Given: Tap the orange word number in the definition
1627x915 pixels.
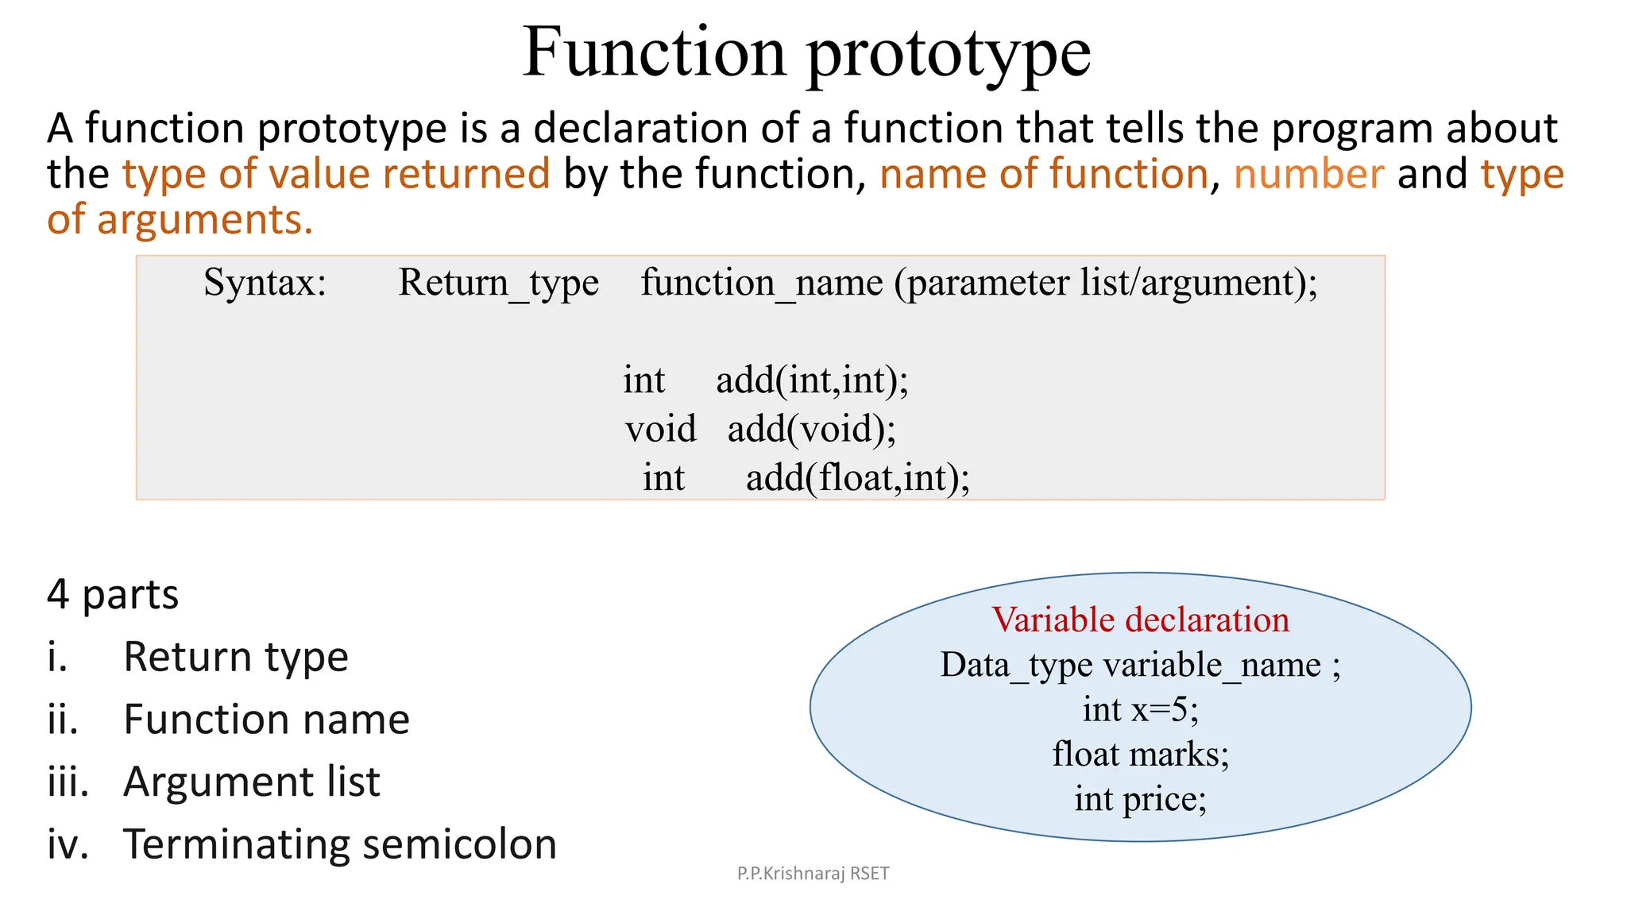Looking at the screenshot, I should pos(1308,174).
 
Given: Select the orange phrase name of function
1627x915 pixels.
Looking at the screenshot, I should pos(1043,174).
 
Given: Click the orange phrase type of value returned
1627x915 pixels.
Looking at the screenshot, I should pos(336,174).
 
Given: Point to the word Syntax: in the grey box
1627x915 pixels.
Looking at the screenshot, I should pos(265,283).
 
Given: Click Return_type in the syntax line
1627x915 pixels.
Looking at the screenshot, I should pos(498,283).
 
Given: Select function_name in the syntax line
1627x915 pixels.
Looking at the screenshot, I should pos(761,283).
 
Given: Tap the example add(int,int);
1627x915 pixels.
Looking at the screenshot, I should pos(812,380).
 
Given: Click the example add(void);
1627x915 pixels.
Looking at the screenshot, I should pos(811,429).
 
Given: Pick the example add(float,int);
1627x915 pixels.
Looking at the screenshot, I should pos(857,478).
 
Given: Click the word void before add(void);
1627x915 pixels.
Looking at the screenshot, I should pos(660,429).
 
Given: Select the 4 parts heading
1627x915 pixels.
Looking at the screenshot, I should pos(113,594).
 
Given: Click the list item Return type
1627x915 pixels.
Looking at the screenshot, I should pos(236,657).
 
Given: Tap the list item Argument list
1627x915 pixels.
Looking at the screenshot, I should pos(252,782).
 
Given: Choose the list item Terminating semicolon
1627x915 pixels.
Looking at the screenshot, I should pos(340,844).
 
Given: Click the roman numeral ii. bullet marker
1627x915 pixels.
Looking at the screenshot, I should pos(63,720).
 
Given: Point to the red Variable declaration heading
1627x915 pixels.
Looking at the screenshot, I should pos(1140,620).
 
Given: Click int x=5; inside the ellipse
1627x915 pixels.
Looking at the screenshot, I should pos(1140,708).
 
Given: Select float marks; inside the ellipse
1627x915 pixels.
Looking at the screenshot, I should pos(1140,754).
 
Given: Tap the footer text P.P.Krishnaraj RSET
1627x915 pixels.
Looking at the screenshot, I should pos(813,874).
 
